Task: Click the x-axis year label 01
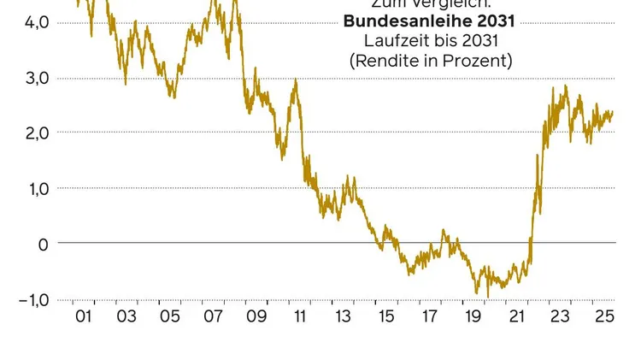pos(83,317)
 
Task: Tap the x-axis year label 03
pos(126,317)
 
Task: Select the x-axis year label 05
pos(170,317)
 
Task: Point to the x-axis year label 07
pos(213,317)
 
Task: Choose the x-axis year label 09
pos(256,317)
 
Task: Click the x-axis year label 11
pos(300,317)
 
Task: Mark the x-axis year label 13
pos(343,317)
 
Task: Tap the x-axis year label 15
pos(386,317)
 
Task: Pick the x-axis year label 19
pos(473,317)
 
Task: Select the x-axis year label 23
pos(560,317)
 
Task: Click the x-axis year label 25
pos(603,317)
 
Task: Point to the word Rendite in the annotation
pos(398,61)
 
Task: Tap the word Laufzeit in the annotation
pos(392,40)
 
